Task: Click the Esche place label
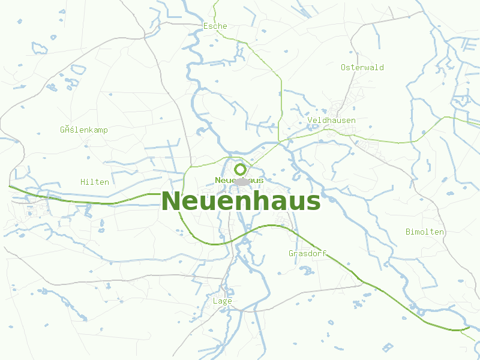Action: [x=215, y=26]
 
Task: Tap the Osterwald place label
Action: [x=362, y=67]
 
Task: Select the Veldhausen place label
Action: [x=331, y=120]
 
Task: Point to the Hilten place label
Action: [x=95, y=181]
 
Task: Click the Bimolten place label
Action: [x=425, y=232]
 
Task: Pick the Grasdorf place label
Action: [x=307, y=253]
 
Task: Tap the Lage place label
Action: [x=222, y=301]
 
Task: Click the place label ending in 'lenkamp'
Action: [x=83, y=130]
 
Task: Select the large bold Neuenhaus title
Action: [x=241, y=201]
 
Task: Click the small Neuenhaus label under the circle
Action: [x=239, y=180]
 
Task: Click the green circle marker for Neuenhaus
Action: [x=240, y=169]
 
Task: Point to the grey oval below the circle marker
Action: [x=242, y=182]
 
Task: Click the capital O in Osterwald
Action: [x=344, y=67]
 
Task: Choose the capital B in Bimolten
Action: [x=408, y=232]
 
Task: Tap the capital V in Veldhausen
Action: [x=310, y=120]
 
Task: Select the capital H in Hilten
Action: [x=83, y=181]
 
